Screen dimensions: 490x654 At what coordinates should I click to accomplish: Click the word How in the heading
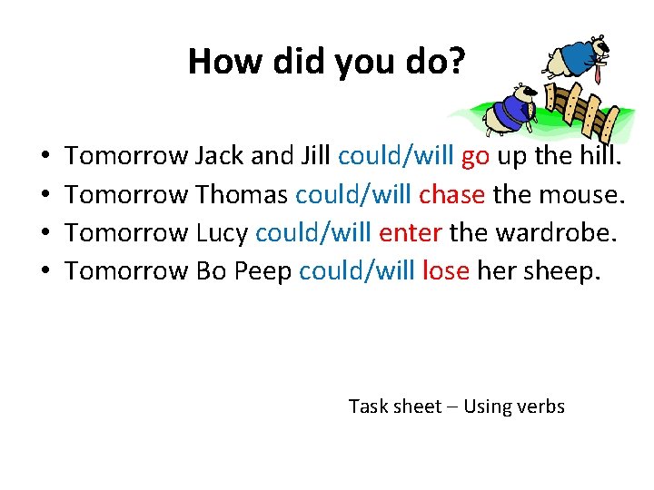click(216, 63)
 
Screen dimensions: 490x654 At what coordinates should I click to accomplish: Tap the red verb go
click(476, 157)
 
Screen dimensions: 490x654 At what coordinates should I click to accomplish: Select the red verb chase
click(451, 195)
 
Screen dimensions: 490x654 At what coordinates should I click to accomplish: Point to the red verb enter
click(411, 233)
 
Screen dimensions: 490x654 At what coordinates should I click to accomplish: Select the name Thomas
click(243, 195)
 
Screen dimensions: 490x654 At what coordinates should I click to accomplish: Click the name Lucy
click(222, 233)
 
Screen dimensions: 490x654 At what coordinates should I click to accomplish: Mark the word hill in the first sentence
click(599, 157)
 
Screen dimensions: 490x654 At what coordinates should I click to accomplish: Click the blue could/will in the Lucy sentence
click(313, 233)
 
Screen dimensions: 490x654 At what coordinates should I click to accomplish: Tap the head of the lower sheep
click(523, 94)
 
